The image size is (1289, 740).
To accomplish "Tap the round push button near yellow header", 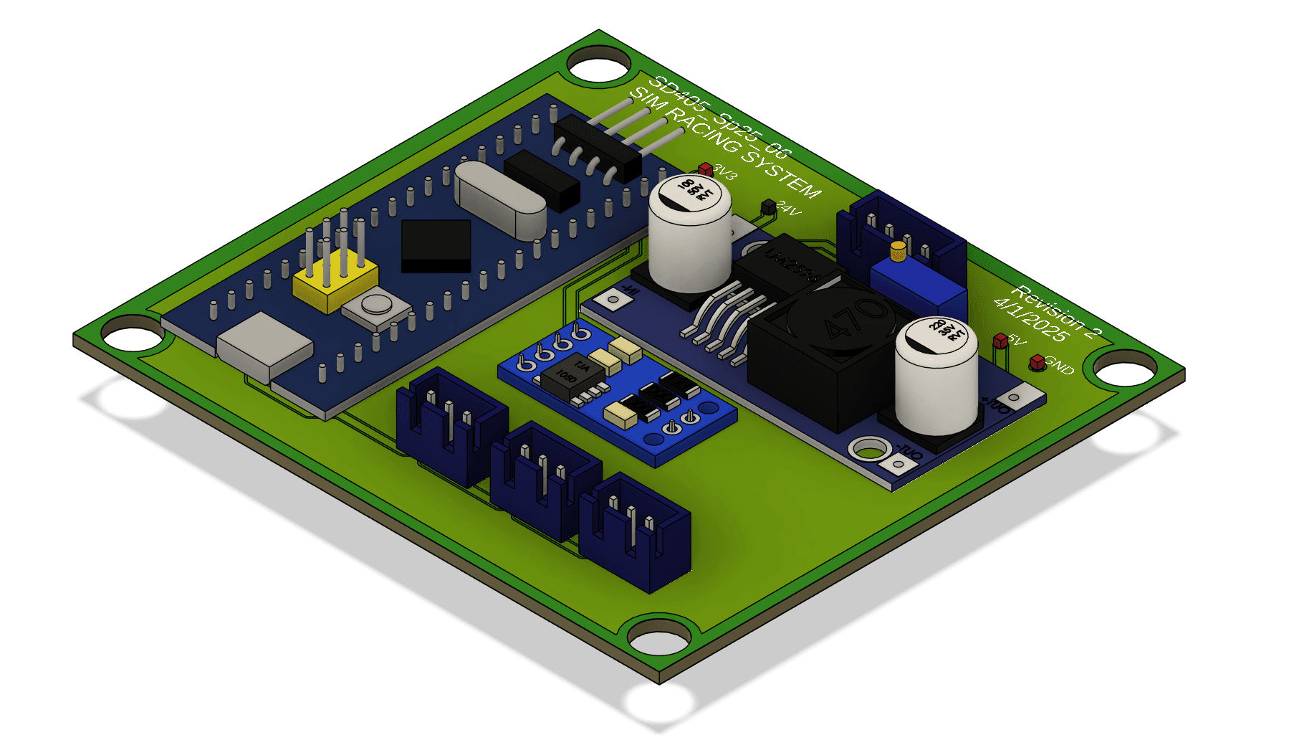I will click(x=375, y=304).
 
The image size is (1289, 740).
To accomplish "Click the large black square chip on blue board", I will click(x=436, y=245).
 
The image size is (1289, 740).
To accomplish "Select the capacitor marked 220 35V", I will click(x=936, y=376).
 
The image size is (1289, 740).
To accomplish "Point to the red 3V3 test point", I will click(x=706, y=169).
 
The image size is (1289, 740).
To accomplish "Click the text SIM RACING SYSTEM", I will click(x=724, y=143).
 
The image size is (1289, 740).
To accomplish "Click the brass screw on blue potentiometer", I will click(x=898, y=250).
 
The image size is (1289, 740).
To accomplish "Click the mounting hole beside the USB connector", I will click(x=133, y=336).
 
